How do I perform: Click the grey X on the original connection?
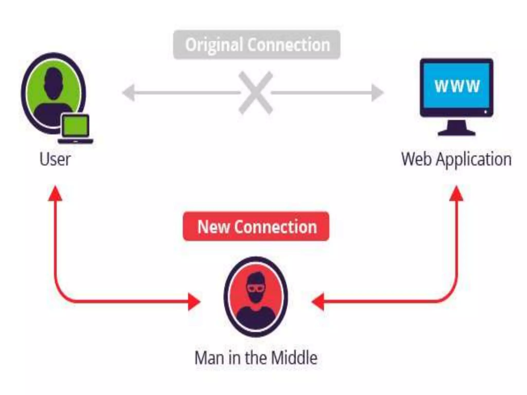tap(256, 93)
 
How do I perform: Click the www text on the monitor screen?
tap(457, 86)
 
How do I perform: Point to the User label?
tap(55, 159)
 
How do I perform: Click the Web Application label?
tap(456, 159)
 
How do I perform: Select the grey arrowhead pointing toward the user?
tap(129, 93)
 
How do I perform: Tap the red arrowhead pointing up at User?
tap(55, 193)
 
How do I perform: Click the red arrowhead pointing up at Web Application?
tap(456, 193)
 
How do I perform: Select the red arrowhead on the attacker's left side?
tap(194, 301)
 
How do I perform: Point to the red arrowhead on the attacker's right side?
tap(318, 301)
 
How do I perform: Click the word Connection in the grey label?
tap(288, 45)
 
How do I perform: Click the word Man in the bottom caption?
tap(209, 358)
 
